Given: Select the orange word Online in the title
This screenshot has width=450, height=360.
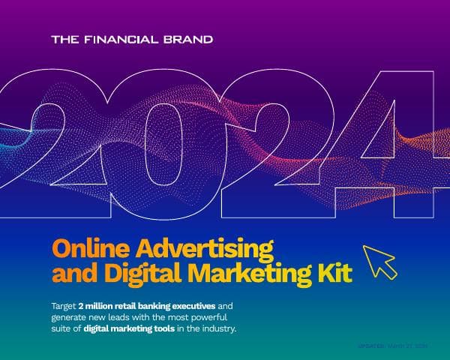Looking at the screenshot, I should coord(82,247).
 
